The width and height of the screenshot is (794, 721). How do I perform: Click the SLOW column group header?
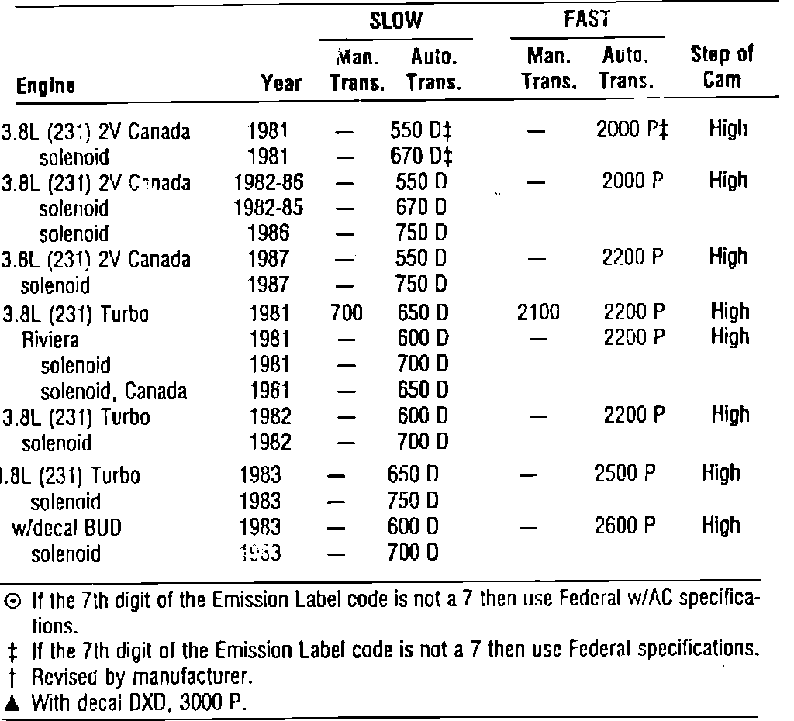click(395, 21)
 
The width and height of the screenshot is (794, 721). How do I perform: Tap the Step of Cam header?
click(722, 67)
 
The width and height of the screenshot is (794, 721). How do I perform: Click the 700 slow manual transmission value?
click(346, 313)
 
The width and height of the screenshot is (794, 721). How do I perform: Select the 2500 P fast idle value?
click(625, 474)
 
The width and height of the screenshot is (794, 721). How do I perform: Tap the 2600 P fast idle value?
click(625, 526)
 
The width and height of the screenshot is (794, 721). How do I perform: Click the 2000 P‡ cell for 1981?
click(633, 130)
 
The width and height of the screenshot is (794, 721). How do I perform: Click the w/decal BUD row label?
click(67, 527)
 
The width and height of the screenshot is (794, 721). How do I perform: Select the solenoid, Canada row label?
click(113, 391)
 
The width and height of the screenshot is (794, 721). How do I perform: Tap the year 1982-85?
click(268, 208)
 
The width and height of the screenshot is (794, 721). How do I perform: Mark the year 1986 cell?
click(270, 233)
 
